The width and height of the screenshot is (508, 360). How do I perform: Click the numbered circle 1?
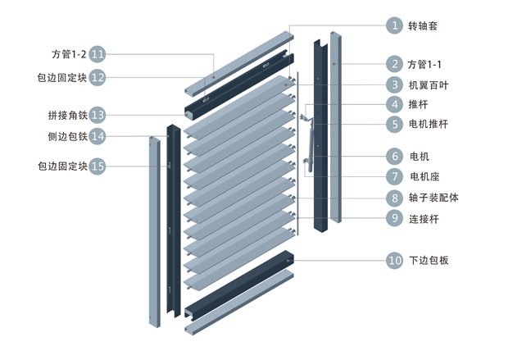(x=395, y=25)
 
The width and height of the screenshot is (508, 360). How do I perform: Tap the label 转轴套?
(x=423, y=25)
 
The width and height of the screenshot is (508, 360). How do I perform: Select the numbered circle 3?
(x=395, y=84)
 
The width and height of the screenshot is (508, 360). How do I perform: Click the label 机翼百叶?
(x=429, y=84)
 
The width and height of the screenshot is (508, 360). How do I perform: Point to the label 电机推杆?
(x=429, y=125)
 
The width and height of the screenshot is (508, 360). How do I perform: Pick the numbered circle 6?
(x=395, y=156)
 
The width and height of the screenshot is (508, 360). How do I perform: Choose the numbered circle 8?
(x=395, y=198)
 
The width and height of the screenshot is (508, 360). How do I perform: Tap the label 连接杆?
(x=424, y=219)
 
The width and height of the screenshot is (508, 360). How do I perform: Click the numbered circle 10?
(x=395, y=261)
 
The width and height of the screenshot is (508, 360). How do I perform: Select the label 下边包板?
(x=429, y=261)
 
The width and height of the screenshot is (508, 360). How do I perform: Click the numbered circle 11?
(x=98, y=54)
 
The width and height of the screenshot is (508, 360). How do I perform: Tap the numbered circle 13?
(x=98, y=115)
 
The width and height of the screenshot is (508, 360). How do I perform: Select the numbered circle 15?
(x=98, y=166)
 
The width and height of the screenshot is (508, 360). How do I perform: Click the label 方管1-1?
(x=425, y=64)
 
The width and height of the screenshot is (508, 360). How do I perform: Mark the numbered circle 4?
(x=395, y=104)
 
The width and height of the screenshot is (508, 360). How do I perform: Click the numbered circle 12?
(x=98, y=78)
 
